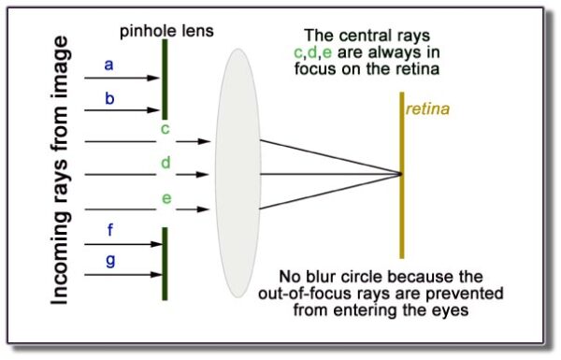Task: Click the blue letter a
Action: pyautogui.click(x=108, y=65)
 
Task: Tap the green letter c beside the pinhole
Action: pyautogui.click(x=165, y=128)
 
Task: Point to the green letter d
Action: pyautogui.click(x=165, y=163)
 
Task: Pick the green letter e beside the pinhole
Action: pyautogui.click(x=165, y=197)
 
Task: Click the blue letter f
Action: pyautogui.click(x=109, y=229)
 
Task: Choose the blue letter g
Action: pyautogui.click(x=109, y=260)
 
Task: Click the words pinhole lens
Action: pyautogui.click(x=165, y=30)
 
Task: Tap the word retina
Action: pyautogui.click(x=427, y=109)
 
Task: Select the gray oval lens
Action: pyautogui.click(x=237, y=174)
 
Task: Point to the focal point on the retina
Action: pyautogui.click(x=402, y=174)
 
